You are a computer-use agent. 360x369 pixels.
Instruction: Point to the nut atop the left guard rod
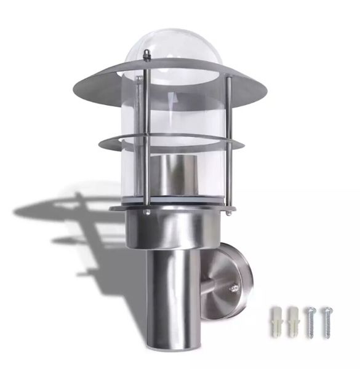(146, 56)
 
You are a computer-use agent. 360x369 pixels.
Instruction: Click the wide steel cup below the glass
(175, 228)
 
